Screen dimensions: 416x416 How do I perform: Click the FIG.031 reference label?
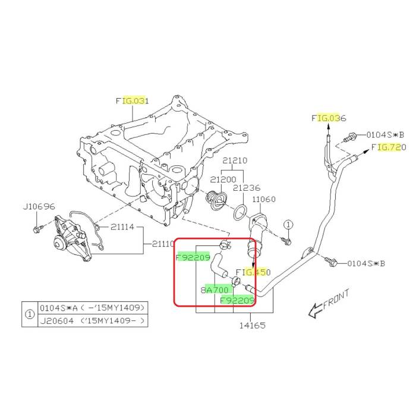(132, 101)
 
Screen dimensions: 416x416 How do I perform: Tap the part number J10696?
(39, 207)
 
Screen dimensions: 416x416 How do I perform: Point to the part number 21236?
(247, 188)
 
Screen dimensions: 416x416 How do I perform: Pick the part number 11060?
(266, 201)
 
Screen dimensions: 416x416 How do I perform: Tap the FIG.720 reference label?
(389, 147)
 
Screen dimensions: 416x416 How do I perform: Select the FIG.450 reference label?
(254, 272)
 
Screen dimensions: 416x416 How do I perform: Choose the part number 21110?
(163, 244)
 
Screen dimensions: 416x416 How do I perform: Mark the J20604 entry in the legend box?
(56, 321)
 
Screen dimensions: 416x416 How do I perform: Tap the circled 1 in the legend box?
(30, 314)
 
